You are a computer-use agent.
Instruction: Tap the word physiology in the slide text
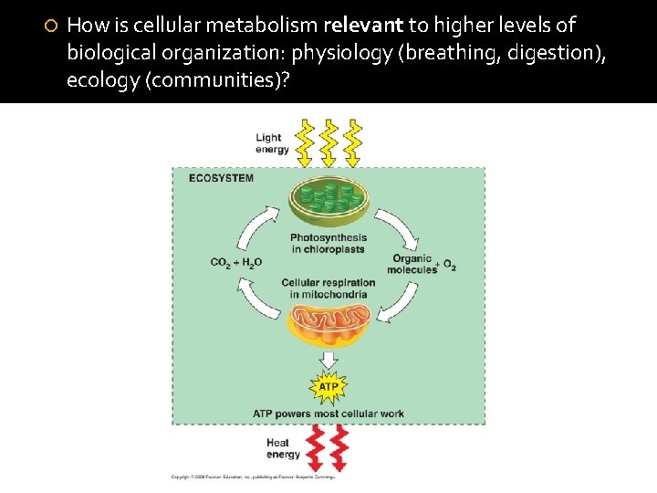pyautogui.click(x=336, y=52)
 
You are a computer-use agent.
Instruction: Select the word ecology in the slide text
pyautogui.click(x=99, y=79)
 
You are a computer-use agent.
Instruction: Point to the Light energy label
pyautogui.click(x=272, y=144)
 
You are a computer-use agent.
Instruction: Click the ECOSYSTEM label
pyautogui.click(x=221, y=178)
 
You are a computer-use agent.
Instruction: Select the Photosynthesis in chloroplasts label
pyautogui.click(x=328, y=244)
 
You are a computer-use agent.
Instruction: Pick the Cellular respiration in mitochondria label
pyautogui.click(x=328, y=288)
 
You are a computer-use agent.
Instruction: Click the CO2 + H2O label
pyautogui.click(x=236, y=263)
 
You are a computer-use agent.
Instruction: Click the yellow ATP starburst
pyautogui.click(x=328, y=387)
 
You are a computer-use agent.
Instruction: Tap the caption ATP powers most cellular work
pyautogui.click(x=328, y=414)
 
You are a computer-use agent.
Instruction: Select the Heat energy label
pyautogui.click(x=283, y=449)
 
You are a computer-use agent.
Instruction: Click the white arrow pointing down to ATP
pyautogui.click(x=328, y=361)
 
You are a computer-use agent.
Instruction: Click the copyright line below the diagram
pyautogui.click(x=254, y=477)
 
